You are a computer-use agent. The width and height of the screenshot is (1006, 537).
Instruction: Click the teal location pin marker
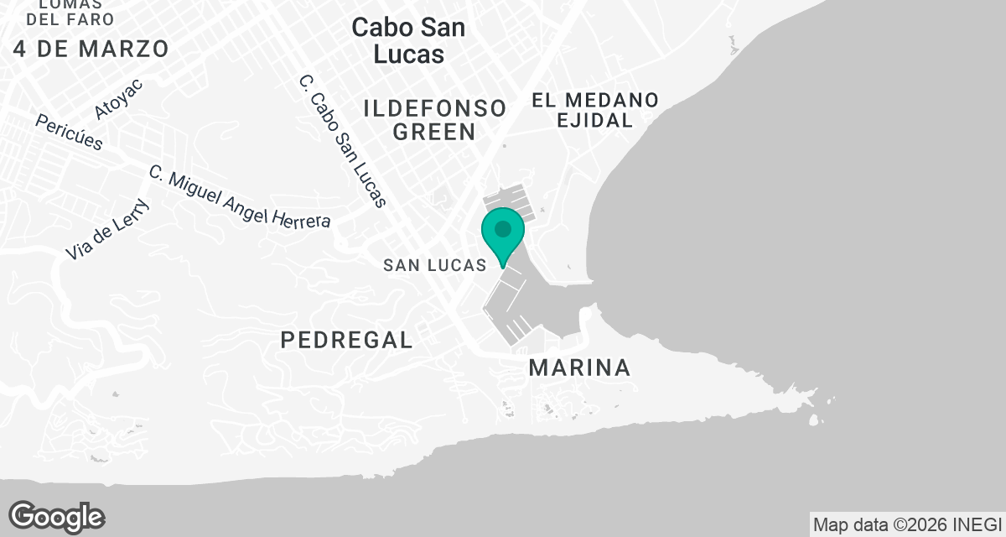coord(503,235)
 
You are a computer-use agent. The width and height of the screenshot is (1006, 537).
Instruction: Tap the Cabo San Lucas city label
coord(408,40)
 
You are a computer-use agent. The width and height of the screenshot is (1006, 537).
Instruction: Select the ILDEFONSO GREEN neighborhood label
coord(434,119)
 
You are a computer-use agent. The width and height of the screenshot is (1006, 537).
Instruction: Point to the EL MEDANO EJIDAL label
coord(594,110)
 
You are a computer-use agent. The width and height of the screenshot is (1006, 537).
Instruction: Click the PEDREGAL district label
coord(346,340)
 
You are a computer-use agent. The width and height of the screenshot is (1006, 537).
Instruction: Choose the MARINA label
coord(579,368)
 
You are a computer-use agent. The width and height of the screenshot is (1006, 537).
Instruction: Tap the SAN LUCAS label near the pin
coord(434,265)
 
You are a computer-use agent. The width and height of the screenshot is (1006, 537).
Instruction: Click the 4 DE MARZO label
coord(91,49)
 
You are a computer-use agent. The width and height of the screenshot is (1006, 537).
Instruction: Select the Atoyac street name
coord(119,98)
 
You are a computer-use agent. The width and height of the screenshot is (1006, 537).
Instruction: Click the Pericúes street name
coord(69,133)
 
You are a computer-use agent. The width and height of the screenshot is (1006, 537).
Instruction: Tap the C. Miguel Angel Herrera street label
coord(240,197)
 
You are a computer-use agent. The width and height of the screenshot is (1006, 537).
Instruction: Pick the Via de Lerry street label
coord(107,229)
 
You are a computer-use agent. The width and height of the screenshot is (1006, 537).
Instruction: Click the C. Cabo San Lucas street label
coord(343,141)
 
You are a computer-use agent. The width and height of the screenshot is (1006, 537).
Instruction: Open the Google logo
coord(57,517)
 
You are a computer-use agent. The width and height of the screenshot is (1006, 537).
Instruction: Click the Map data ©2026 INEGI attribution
coord(907,524)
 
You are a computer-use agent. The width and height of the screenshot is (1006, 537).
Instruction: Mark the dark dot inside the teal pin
coord(503,228)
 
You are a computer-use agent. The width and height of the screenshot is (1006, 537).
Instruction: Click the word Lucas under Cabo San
coord(408,54)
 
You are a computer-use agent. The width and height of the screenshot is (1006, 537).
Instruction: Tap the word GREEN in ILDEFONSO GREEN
coord(434,132)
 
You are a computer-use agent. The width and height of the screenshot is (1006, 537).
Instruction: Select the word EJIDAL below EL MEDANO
coord(594,121)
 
